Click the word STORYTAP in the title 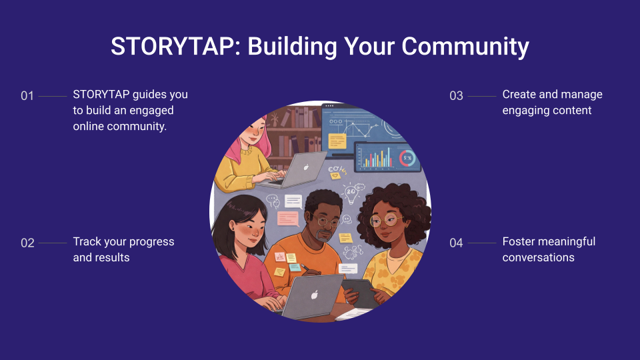point(172,46)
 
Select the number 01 point(27,96)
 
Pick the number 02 point(27,243)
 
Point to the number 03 point(456,96)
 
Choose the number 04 point(456,243)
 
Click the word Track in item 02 point(87,241)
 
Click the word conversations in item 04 point(539,257)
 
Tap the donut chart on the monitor point(407,158)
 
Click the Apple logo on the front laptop point(314,294)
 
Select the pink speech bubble point(288,219)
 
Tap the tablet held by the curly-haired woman point(360,293)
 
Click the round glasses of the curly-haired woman point(386,221)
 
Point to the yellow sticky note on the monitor point(337,141)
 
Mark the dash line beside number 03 point(482,96)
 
